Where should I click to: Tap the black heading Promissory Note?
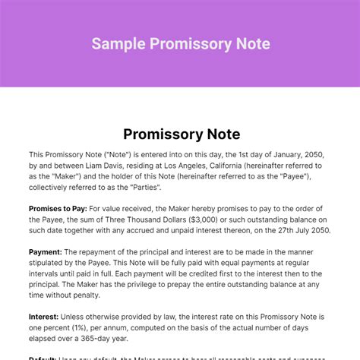[x=180, y=135]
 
